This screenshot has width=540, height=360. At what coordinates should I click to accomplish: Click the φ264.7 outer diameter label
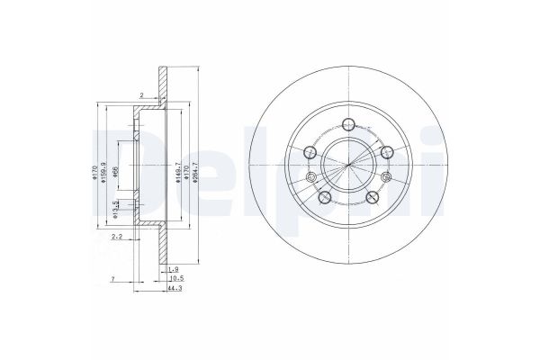[196, 167]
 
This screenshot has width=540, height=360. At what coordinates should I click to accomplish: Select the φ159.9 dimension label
[105, 167]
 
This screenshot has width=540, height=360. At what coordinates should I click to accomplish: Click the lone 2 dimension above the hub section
[141, 94]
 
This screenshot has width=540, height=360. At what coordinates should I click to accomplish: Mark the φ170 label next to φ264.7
[184, 167]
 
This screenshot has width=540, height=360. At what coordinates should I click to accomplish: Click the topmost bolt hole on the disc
[348, 126]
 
